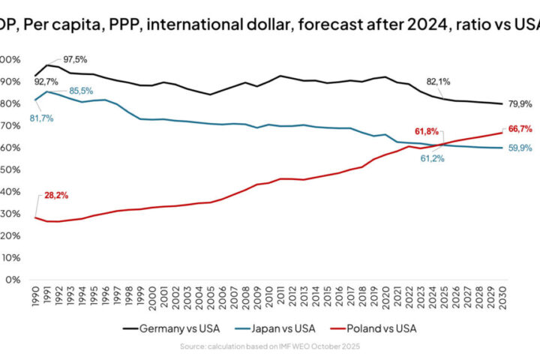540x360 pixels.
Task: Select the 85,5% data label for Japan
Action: click(81, 91)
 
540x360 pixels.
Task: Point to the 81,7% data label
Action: click(40, 118)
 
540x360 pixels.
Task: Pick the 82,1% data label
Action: click(439, 81)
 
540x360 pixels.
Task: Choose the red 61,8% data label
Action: click(427, 130)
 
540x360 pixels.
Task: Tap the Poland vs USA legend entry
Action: click(382, 328)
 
